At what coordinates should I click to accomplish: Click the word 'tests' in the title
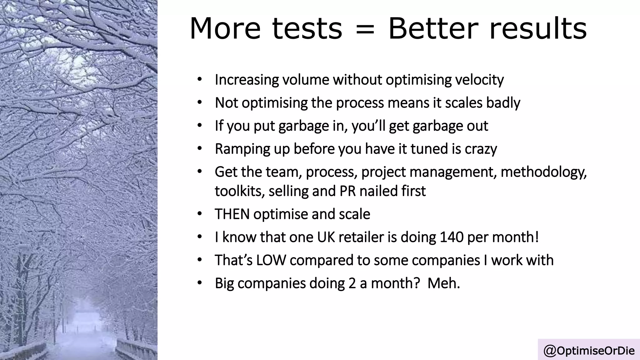pyautogui.click(x=307, y=29)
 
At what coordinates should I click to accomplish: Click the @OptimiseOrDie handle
pyautogui.click(x=589, y=351)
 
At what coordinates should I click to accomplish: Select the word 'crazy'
pyautogui.click(x=481, y=149)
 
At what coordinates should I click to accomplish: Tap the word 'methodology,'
pyautogui.click(x=543, y=172)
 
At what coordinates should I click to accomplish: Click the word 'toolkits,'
pyautogui.click(x=240, y=191)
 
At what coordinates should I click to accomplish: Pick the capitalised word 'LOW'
pyautogui.click(x=271, y=260)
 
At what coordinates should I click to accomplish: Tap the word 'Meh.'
pyautogui.click(x=443, y=283)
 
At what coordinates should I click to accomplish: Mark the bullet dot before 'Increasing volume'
pyautogui.click(x=200, y=80)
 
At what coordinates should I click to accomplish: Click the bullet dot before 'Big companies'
pyautogui.click(x=200, y=283)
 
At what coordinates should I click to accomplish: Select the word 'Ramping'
pyautogui.click(x=242, y=149)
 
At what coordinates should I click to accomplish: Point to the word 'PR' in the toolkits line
pyautogui.click(x=347, y=191)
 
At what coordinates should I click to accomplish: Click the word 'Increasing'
pyautogui.click(x=247, y=80)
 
